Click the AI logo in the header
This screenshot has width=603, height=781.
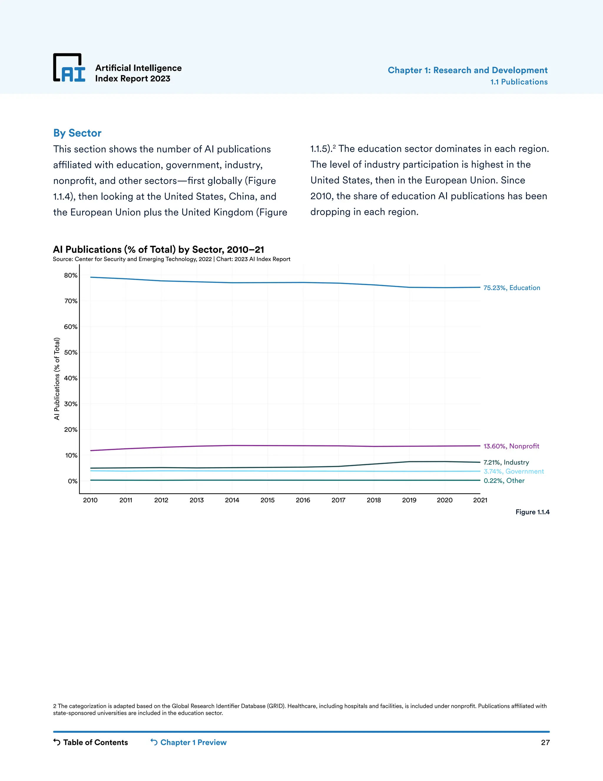[69, 68]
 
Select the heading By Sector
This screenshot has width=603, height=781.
[77, 133]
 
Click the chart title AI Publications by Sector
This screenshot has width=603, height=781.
[158, 249]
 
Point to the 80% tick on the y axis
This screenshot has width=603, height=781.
[71, 275]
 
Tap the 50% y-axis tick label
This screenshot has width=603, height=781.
[71, 352]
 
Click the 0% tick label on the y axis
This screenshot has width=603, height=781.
[72, 481]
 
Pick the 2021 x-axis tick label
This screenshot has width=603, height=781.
[480, 500]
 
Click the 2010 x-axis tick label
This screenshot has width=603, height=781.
[90, 500]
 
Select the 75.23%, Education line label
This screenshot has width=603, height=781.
[511, 288]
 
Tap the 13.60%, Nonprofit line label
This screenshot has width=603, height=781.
[511, 446]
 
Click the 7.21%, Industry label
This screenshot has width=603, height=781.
[506, 462]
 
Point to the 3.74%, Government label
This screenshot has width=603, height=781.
[513, 471]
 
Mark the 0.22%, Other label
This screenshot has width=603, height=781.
[504, 481]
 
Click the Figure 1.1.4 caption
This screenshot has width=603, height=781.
[532, 512]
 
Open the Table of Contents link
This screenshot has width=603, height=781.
[91, 742]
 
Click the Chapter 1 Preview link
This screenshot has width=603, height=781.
[189, 742]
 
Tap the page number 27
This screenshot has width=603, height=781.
[545, 742]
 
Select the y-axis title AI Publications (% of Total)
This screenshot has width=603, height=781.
[57, 378]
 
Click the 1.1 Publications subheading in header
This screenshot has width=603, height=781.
[519, 82]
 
